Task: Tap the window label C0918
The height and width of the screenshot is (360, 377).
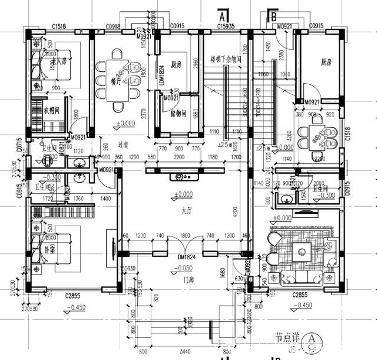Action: click(113, 27)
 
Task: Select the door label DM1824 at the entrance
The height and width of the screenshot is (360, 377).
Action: click(186, 257)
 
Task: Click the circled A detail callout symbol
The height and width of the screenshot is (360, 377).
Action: click(310, 339)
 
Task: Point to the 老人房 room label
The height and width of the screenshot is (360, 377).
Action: click(59, 61)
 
